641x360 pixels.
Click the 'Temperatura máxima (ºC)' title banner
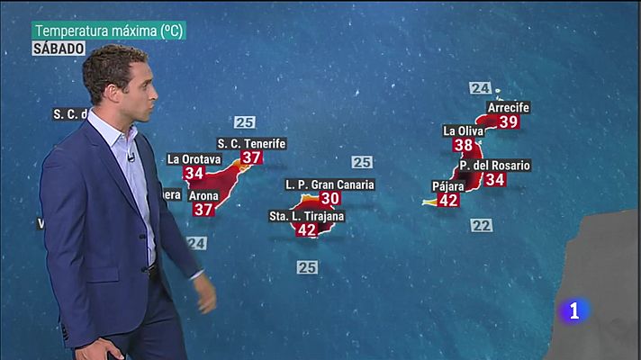(x=108, y=31)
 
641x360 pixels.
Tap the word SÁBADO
(x=60, y=49)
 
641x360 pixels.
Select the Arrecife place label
(x=508, y=108)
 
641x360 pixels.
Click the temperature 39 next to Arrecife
(x=508, y=121)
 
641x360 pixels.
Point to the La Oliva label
(x=464, y=130)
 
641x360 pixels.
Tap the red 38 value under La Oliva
(x=464, y=145)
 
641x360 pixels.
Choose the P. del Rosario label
(x=494, y=166)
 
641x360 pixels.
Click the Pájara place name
(x=447, y=186)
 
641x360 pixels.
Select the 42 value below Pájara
(x=447, y=200)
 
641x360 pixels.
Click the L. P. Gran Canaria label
(x=330, y=184)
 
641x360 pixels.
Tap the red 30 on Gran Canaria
(x=330, y=198)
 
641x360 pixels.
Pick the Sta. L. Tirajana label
(x=307, y=216)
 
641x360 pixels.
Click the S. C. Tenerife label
(x=252, y=144)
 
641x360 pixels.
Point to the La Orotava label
(x=194, y=159)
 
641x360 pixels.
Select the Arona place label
(x=202, y=195)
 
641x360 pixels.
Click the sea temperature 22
(x=482, y=225)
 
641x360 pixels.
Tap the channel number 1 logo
(x=575, y=310)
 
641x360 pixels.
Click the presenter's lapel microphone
(x=131, y=157)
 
